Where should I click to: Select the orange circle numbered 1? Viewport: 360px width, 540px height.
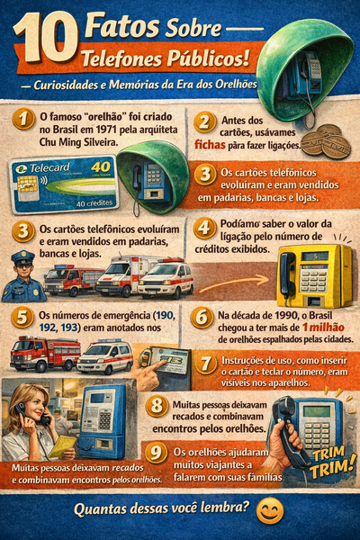pos(24,121)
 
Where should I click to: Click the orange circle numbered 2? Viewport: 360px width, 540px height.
pos(205,122)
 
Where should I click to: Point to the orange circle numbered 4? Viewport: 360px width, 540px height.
pos(205,228)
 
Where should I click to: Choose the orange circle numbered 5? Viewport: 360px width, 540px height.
pos(24,318)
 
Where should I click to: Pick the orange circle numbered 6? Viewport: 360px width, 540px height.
pos(204,318)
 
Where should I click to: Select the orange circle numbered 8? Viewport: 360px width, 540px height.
pos(157,406)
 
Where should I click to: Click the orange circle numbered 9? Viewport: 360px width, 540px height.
pos(157,453)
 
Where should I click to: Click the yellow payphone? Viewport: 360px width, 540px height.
pos(313,274)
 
